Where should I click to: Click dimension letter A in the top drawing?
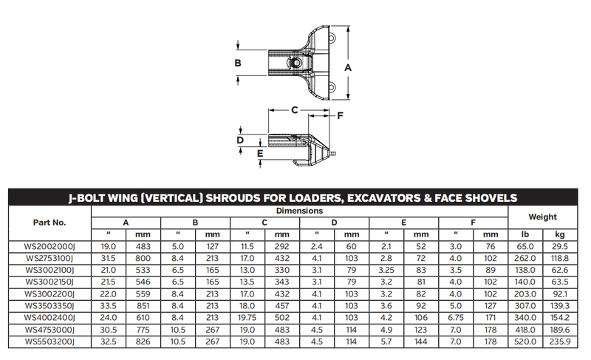click(x=347, y=68)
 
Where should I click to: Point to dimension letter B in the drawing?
click(x=238, y=63)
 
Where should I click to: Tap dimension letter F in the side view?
click(x=340, y=115)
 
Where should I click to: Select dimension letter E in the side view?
click(x=260, y=154)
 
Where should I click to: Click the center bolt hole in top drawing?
click(x=296, y=62)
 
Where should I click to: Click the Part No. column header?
click(x=49, y=223)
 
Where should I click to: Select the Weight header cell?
click(x=542, y=217)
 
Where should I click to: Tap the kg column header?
click(x=560, y=234)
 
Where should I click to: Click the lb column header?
click(x=525, y=234)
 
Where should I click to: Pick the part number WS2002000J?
click(x=49, y=247)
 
